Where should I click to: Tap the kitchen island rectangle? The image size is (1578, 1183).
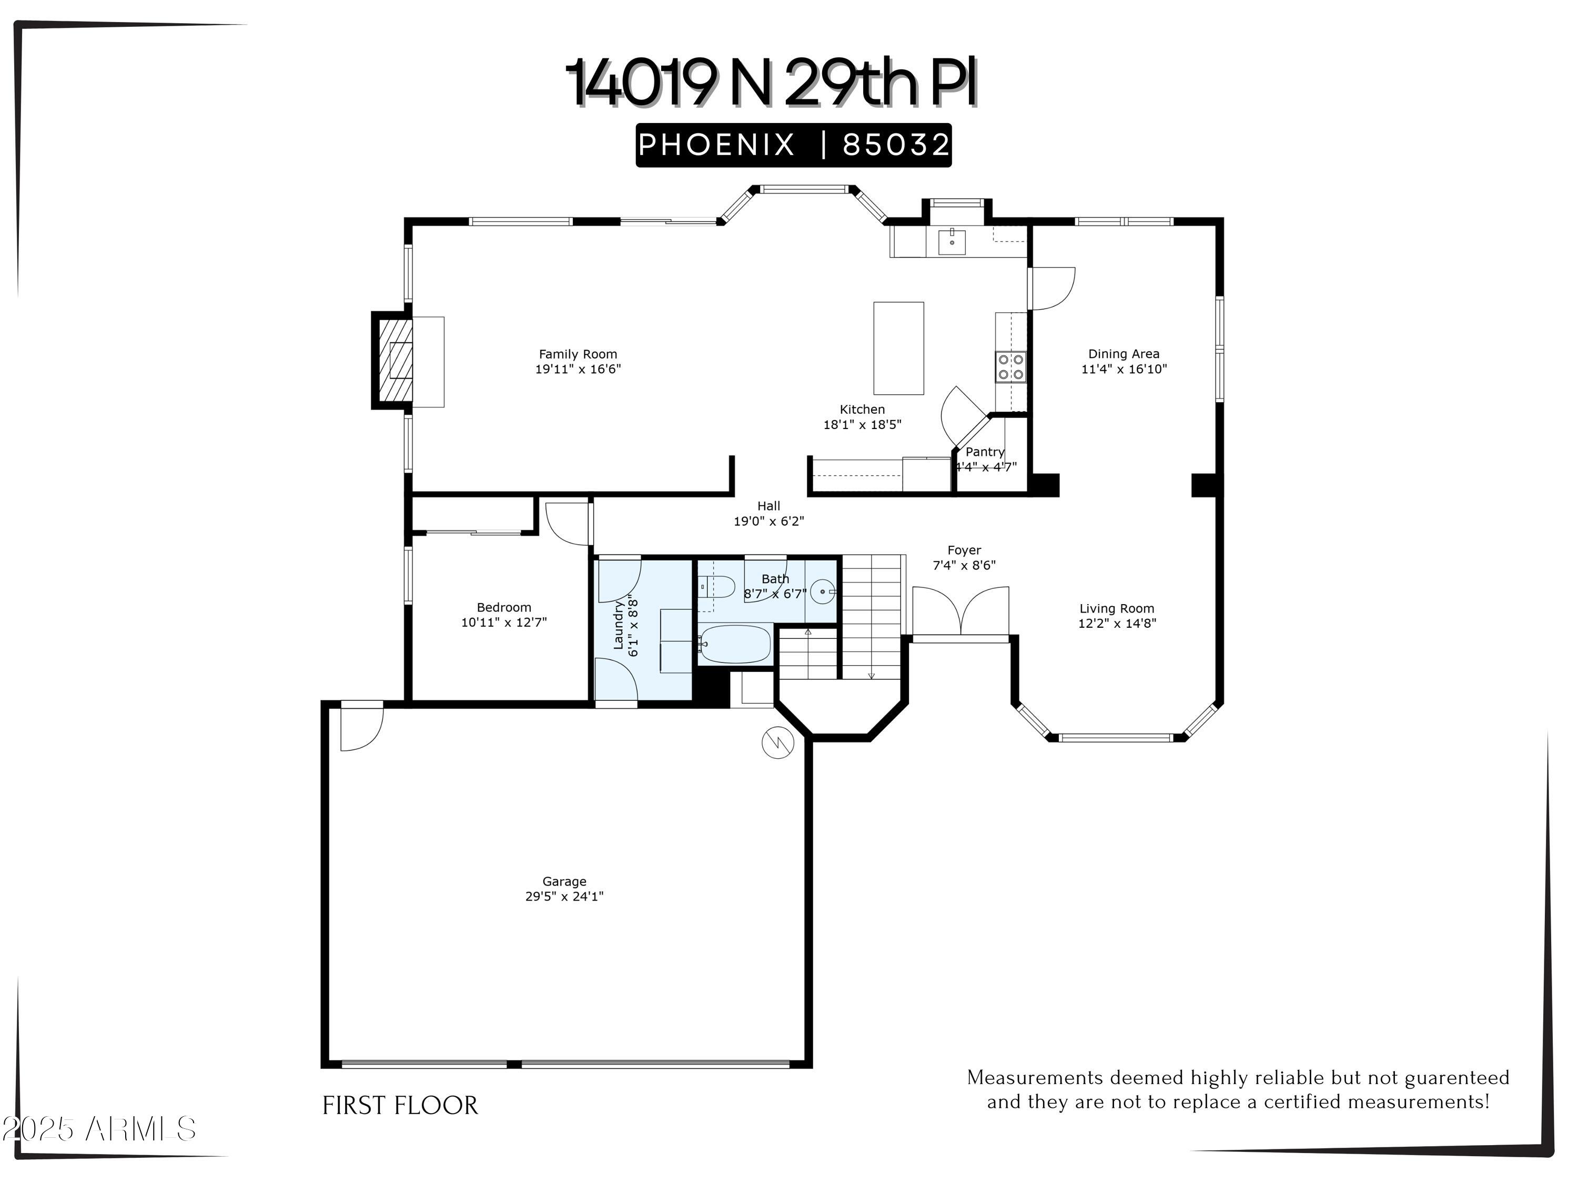click(x=898, y=348)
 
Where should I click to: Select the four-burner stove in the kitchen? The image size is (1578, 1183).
click(x=1010, y=367)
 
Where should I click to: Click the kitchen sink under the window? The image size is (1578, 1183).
click(x=951, y=242)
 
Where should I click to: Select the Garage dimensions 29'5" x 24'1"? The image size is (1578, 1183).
click(x=564, y=897)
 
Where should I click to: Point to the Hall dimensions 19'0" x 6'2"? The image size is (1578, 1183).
click(x=768, y=521)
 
